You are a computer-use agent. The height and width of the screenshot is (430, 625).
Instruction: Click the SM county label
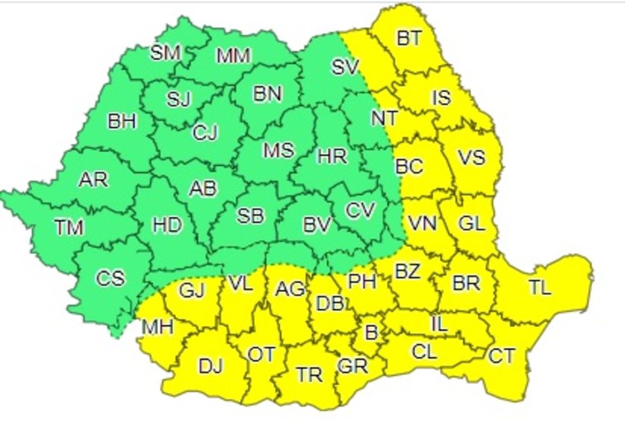166,52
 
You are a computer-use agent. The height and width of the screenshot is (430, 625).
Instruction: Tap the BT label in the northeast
409,39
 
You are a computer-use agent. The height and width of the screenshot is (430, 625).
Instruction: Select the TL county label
540,287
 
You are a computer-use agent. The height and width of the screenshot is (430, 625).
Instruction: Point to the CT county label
501,356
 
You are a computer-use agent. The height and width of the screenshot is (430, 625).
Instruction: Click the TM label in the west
69,227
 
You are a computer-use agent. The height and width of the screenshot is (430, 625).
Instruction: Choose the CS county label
111,277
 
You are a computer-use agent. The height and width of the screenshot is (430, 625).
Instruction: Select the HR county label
332,156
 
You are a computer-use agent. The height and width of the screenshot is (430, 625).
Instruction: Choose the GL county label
471,223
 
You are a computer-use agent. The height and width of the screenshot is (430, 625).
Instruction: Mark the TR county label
309,374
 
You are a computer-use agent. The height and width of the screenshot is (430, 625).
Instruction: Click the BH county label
122,121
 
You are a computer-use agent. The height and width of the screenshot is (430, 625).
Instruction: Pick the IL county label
439,324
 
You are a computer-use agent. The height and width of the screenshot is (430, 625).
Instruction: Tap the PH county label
362,282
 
